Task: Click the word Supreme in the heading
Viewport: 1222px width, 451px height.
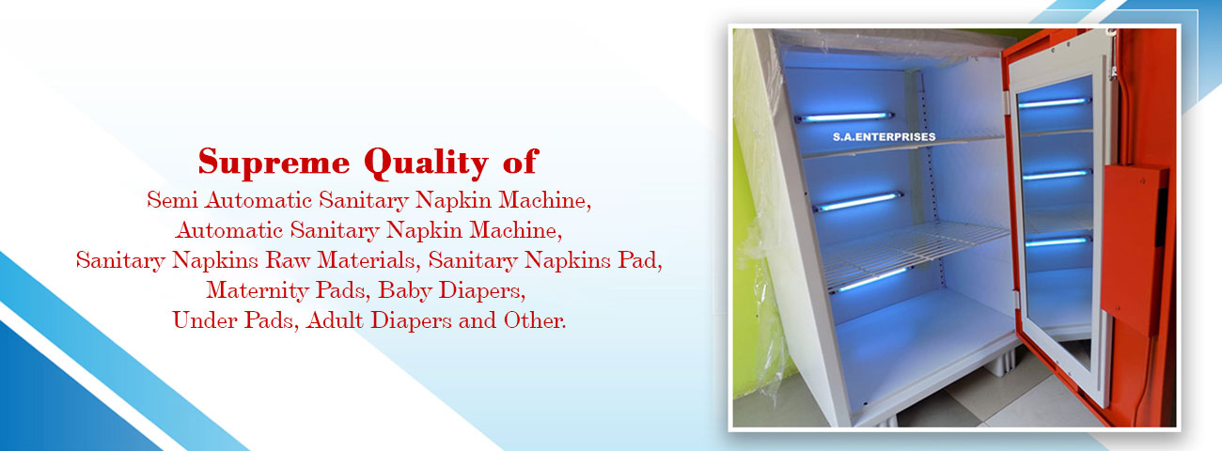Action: (274, 163)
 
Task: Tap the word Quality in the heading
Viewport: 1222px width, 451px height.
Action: (426, 163)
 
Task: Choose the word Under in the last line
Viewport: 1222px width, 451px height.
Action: (205, 320)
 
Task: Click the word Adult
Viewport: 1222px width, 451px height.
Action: (335, 320)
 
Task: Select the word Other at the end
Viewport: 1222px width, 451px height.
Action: (535, 320)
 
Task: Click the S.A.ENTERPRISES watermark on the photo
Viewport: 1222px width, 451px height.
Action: (884, 137)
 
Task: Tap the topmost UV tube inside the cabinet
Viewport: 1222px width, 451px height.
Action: (844, 117)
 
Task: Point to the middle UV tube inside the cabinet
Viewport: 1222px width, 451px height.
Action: (857, 201)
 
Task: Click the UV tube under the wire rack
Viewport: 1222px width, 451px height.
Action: (869, 280)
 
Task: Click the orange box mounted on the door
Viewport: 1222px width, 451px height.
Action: (1132, 248)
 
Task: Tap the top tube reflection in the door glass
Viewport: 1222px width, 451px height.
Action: (1054, 102)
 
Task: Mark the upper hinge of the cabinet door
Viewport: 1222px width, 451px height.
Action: (1010, 100)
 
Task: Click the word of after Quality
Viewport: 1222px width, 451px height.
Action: (521, 163)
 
